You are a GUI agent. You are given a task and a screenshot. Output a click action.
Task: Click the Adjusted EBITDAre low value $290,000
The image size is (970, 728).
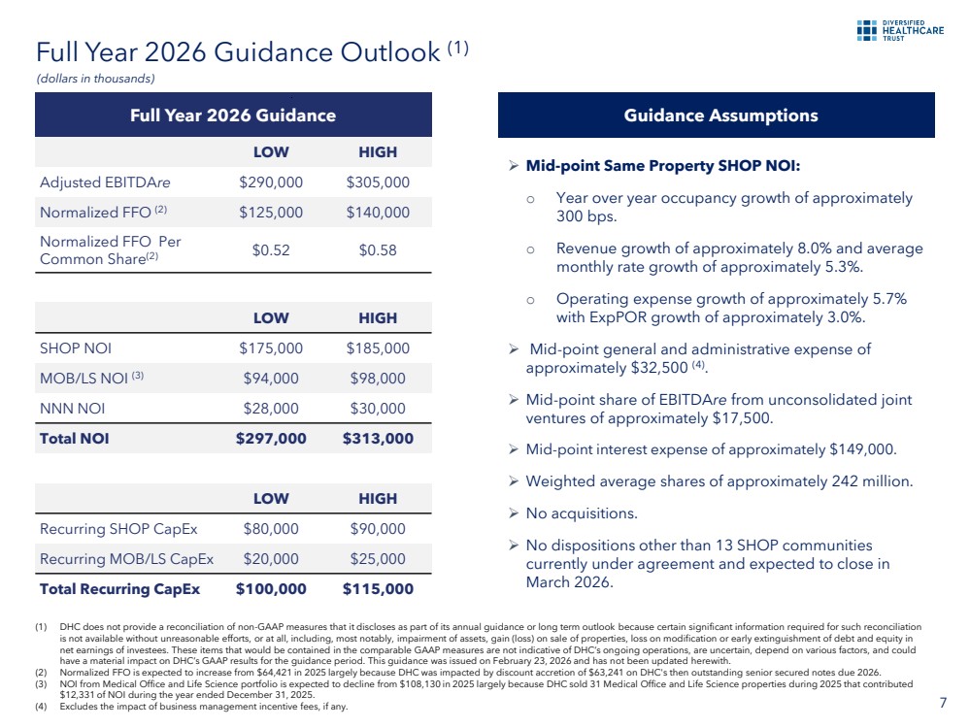tap(271, 182)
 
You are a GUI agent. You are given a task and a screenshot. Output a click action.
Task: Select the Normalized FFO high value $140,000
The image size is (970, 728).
tap(378, 213)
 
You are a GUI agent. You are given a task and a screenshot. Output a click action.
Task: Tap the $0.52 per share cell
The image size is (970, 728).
tap(271, 249)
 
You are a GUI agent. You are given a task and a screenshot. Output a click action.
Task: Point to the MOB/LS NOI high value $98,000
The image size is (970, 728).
tap(378, 379)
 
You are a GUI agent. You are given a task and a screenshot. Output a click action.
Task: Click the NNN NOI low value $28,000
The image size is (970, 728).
tap(271, 409)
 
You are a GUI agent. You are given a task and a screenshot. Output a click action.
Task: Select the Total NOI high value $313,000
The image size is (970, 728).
tap(378, 439)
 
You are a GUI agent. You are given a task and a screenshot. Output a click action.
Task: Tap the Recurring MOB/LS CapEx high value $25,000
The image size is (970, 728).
tap(378, 559)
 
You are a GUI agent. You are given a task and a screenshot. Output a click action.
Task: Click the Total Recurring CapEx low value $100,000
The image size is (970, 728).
tap(271, 589)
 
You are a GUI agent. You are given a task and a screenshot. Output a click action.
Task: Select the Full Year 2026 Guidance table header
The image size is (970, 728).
tap(233, 116)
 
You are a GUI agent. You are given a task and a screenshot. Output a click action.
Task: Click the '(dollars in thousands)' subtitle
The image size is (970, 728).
tap(95, 79)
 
